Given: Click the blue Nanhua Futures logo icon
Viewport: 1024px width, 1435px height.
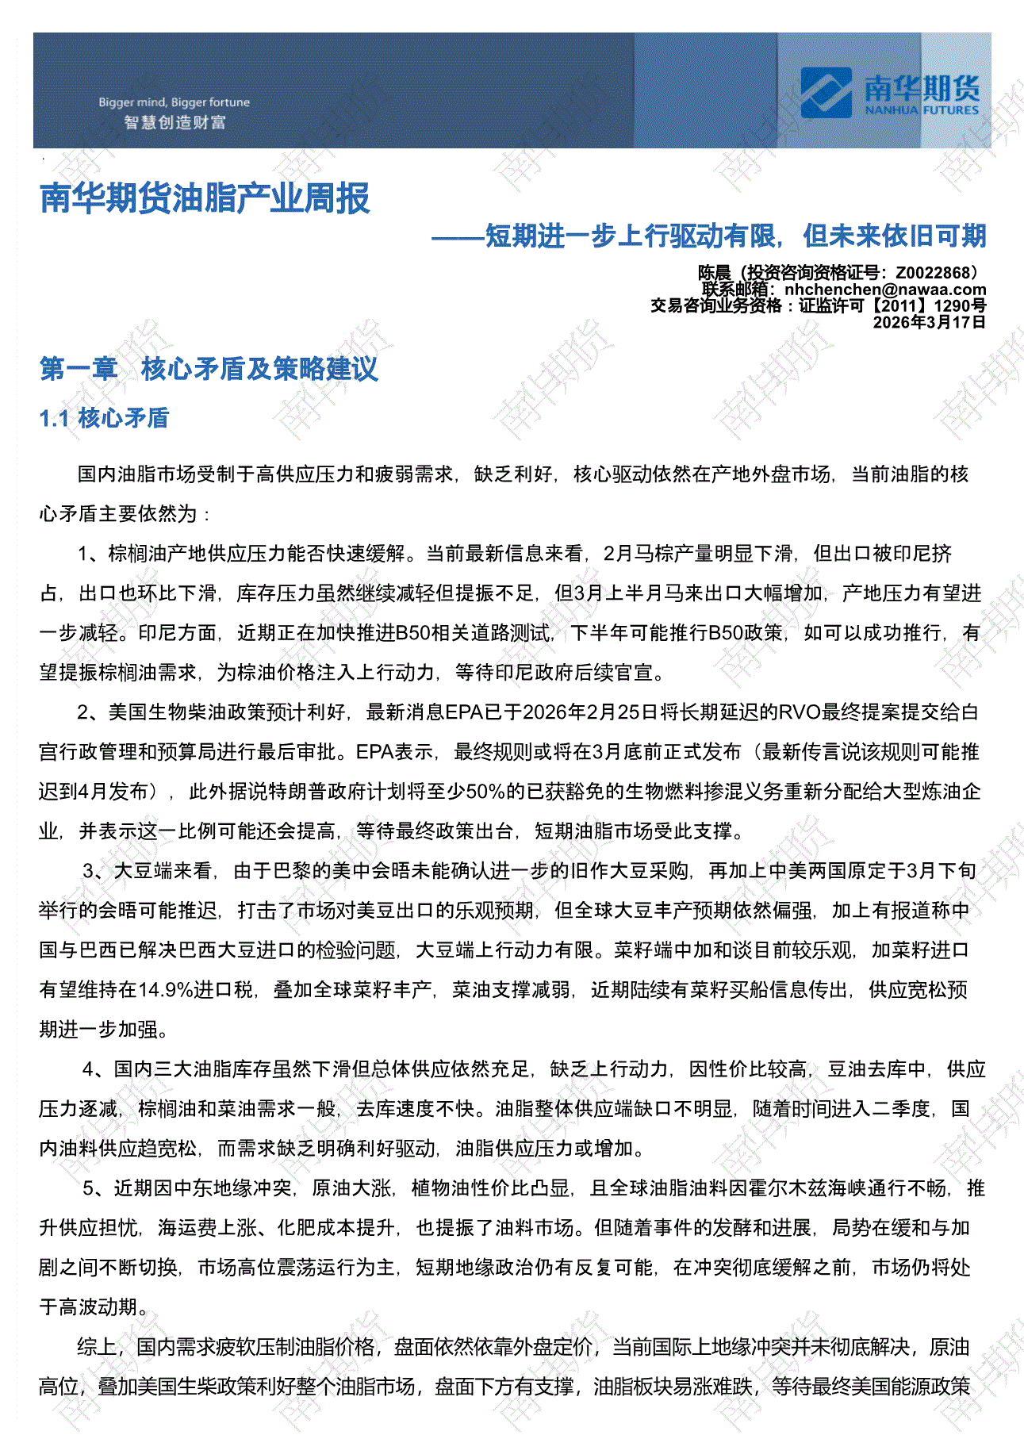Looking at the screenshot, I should pyautogui.click(x=826, y=92).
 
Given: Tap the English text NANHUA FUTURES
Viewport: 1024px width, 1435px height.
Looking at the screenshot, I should pyautogui.click(x=922, y=110).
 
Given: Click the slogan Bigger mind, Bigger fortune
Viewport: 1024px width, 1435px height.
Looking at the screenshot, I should pyautogui.click(x=174, y=102).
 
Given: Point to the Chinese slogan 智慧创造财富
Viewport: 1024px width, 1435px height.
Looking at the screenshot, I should pyautogui.click(x=175, y=122).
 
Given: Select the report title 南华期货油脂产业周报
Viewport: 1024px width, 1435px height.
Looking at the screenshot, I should pyautogui.click(x=205, y=198).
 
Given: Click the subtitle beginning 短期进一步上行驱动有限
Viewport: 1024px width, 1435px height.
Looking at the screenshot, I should pyautogui.click(x=735, y=236).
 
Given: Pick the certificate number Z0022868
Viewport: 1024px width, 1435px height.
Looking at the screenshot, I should pyautogui.click(x=933, y=273).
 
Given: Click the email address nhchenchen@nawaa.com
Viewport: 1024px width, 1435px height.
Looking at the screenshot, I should pyautogui.click(x=885, y=290).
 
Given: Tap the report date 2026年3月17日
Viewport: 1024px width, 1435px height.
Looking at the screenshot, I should pyautogui.click(x=929, y=322).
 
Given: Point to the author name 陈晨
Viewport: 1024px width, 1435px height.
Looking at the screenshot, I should pyautogui.click(x=714, y=273).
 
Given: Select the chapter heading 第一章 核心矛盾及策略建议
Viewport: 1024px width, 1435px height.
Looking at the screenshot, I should pyautogui.click(x=209, y=369).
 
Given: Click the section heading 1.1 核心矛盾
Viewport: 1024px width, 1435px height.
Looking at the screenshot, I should pyautogui.click(x=104, y=418).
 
